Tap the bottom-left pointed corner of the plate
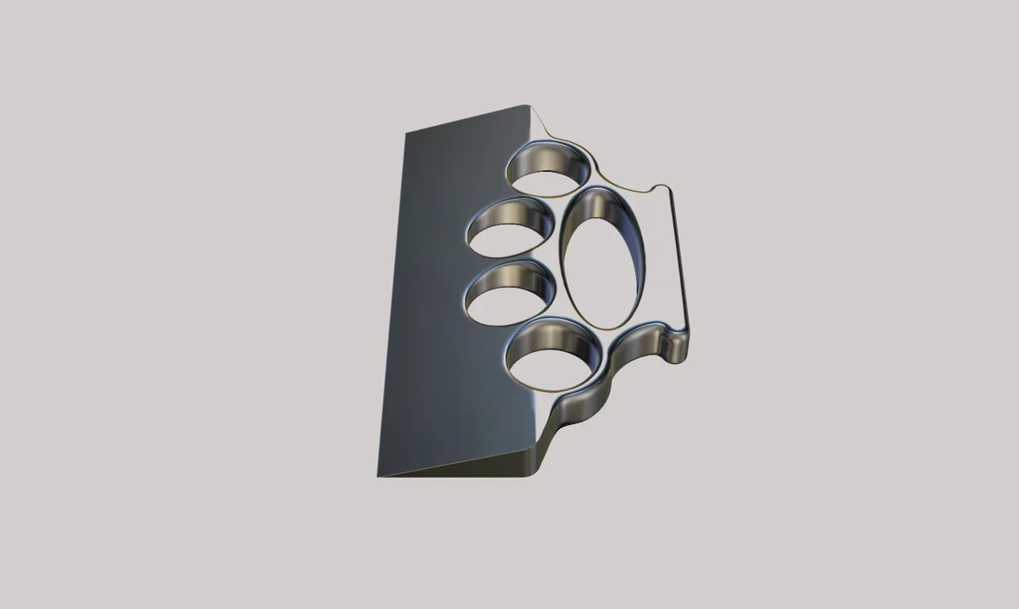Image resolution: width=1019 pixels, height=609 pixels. coord(379,475)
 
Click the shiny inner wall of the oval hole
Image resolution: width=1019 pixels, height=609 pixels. coord(629,239)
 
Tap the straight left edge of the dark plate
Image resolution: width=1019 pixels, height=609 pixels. coord(392,303)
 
